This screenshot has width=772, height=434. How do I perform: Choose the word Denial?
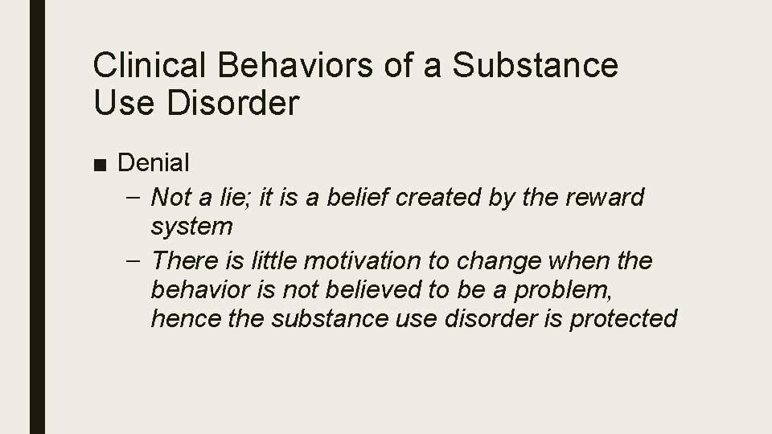(x=154, y=163)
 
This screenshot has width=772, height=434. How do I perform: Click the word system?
(x=191, y=227)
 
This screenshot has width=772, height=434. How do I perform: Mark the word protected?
(x=623, y=318)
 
